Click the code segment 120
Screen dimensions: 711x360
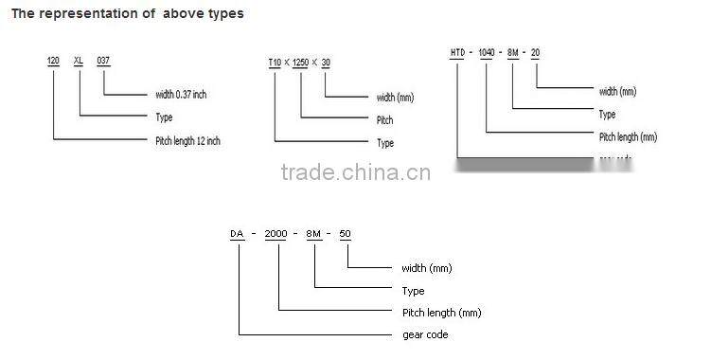(x=54, y=60)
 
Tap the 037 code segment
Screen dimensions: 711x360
(x=103, y=60)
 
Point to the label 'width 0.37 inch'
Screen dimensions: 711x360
(x=187, y=94)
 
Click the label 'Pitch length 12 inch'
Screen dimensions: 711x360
(x=187, y=141)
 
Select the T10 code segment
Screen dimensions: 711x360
(x=276, y=63)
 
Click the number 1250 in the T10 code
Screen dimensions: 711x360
(x=301, y=63)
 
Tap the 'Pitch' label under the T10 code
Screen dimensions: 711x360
(x=384, y=120)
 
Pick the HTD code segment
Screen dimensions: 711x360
(x=460, y=51)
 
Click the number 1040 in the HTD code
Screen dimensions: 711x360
(x=488, y=51)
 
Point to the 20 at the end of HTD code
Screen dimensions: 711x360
(x=535, y=51)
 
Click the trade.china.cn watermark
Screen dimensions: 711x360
(x=356, y=172)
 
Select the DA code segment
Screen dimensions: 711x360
(x=237, y=233)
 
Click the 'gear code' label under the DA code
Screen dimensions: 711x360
(x=425, y=334)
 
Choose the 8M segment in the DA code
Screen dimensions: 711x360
(x=315, y=233)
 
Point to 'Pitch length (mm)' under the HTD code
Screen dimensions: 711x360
(x=628, y=137)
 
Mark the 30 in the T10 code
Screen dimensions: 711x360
(x=327, y=63)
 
